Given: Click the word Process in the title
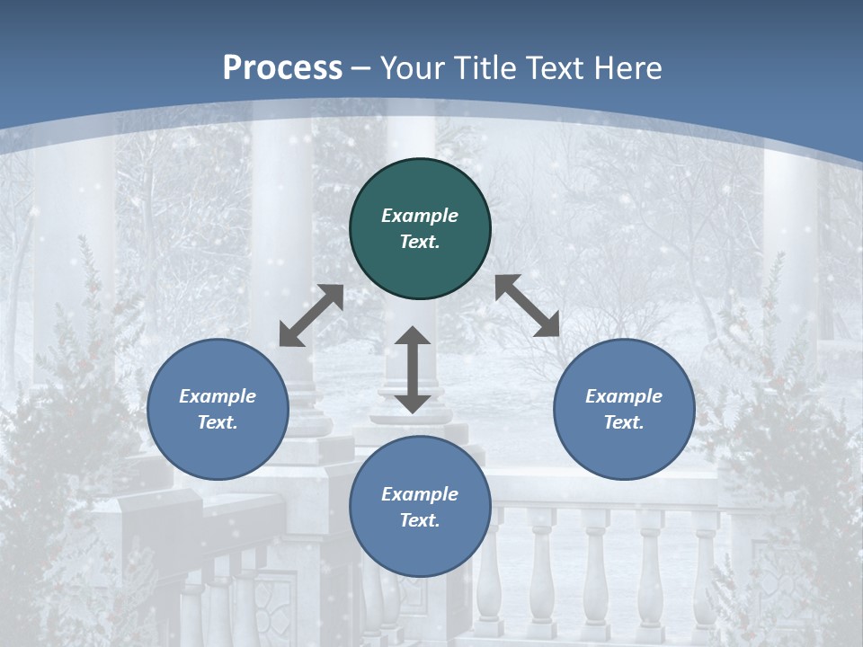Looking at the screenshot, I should point(282,67).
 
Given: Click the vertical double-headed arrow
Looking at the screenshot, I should point(413,369).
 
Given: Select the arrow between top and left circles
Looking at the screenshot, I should point(311,315).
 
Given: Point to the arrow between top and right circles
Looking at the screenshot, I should point(527,306).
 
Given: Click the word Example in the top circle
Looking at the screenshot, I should point(420,216).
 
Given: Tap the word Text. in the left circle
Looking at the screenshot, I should point(218,422).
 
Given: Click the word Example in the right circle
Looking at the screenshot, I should point(624,396).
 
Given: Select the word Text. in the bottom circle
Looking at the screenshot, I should point(420,520).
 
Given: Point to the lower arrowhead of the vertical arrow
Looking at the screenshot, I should point(413,403).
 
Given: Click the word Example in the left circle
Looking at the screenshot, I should point(218,396).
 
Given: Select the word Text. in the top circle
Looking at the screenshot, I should point(420,242).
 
